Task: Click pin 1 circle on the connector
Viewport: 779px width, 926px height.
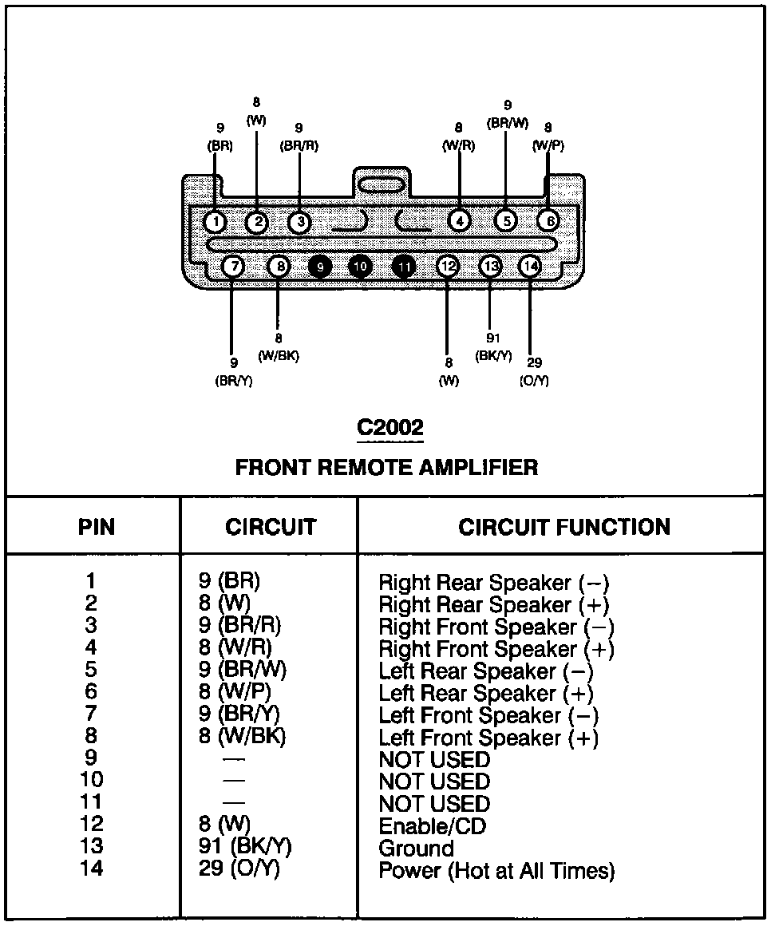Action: click(216, 221)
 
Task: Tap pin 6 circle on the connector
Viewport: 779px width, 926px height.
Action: click(548, 220)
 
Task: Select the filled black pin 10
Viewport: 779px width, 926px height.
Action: click(361, 266)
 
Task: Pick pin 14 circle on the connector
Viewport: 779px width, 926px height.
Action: click(530, 266)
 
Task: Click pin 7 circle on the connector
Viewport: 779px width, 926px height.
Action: click(233, 266)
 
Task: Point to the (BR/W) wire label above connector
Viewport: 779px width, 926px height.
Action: click(508, 123)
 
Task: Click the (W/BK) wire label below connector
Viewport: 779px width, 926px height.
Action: click(279, 356)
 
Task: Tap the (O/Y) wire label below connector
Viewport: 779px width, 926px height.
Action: click(534, 381)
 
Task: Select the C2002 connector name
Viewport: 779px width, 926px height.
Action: click(389, 428)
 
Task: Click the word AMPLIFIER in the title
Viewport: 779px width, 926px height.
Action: click(477, 467)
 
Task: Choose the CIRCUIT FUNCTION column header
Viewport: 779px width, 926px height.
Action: click(563, 527)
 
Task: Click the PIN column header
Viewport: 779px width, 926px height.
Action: click(96, 527)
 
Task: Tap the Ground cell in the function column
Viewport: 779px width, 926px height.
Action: click(416, 848)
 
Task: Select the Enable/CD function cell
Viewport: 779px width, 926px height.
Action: click(432, 826)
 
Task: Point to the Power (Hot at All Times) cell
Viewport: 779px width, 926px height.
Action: click(496, 870)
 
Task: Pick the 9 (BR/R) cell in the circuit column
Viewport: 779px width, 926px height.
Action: click(239, 626)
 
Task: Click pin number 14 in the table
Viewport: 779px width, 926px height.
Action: click(93, 869)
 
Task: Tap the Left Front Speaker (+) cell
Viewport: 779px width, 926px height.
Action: click(488, 738)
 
